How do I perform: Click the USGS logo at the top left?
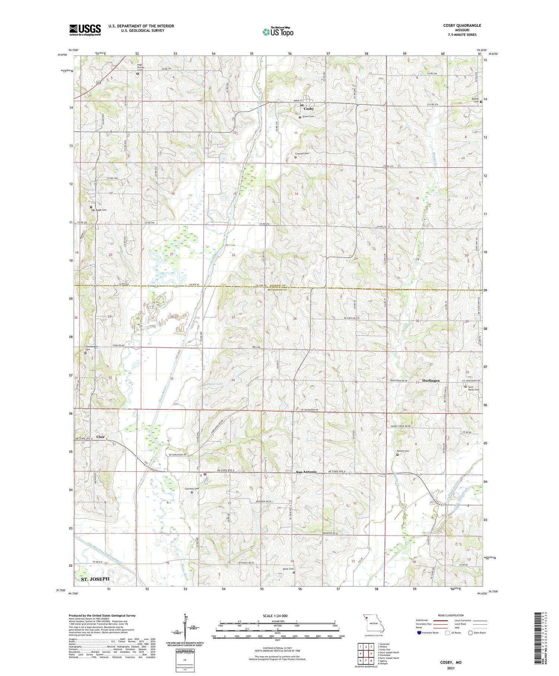[85, 30]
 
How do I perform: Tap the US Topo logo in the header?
[278, 32]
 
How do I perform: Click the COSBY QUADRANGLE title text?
[462, 25]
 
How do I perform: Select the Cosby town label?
[309, 109]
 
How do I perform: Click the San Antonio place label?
[306, 472]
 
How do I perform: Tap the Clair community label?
[101, 437]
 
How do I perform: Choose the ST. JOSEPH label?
[95, 579]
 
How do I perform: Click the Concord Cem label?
[302, 154]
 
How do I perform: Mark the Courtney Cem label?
[192, 489]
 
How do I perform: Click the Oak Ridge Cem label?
[99, 210]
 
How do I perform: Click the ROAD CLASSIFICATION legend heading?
[451, 615]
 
